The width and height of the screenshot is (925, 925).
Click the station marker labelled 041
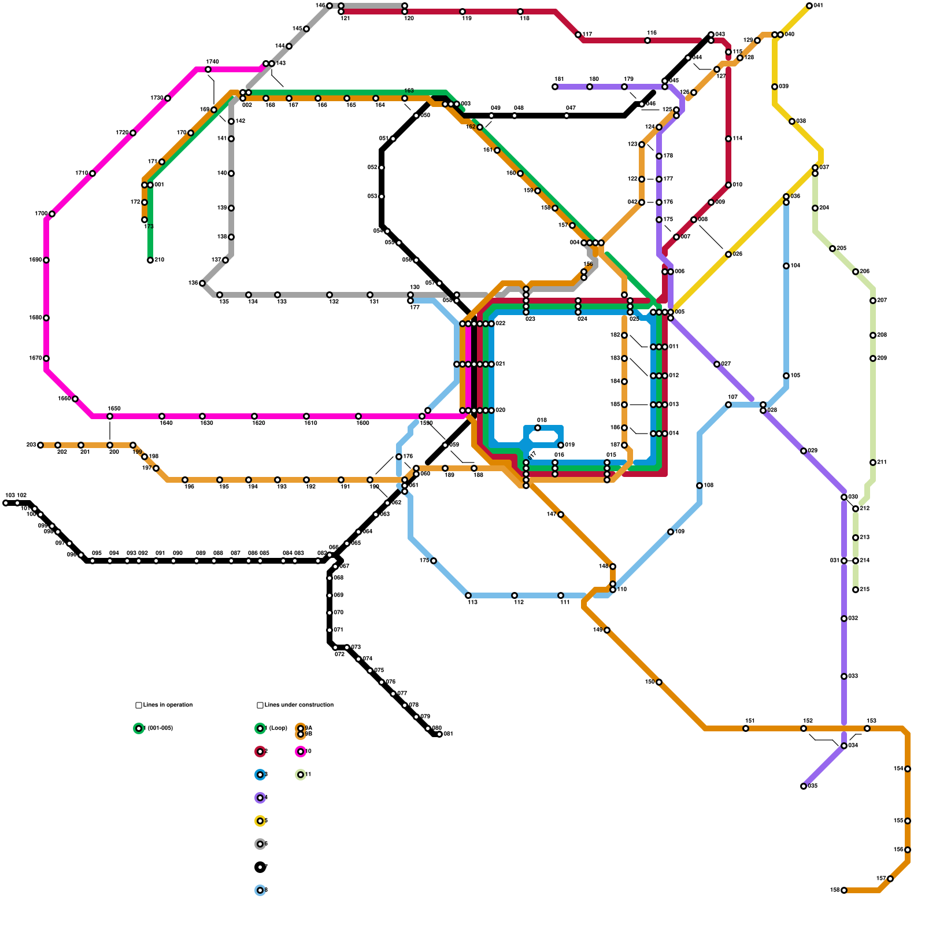pos(809,6)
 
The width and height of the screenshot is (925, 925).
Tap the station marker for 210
pos(150,260)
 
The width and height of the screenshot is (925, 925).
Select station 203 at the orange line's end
pos(40,445)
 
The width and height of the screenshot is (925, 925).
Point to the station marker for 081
pos(439,734)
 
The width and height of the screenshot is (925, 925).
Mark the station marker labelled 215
pos(856,590)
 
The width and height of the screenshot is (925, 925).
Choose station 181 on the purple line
pos(555,87)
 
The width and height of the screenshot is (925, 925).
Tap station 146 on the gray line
pos(330,6)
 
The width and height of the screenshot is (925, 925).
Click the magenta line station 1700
pos(52,214)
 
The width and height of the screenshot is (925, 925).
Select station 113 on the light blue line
pos(468,595)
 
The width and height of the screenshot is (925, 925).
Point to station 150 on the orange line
pos(659,682)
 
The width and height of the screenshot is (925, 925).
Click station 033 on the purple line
pos(844,676)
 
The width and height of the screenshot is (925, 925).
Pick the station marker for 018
pos(538,428)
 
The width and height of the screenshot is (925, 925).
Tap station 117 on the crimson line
pos(578,35)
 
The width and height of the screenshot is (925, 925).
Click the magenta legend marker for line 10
pos(301,752)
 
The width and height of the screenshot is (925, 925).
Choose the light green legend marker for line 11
pos(301,775)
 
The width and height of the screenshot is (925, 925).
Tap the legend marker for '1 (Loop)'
pos(260,728)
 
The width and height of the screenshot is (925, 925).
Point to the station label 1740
pos(212,62)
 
